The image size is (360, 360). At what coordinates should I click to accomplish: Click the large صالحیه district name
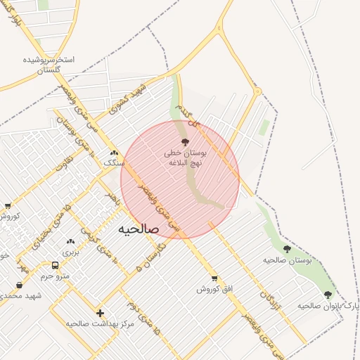[x=139, y=229]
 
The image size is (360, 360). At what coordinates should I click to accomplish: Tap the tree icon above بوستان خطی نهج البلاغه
[x=186, y=143]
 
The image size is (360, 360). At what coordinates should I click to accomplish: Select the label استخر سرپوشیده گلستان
[x=49, y=65]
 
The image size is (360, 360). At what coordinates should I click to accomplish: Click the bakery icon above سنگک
[x=114, y=153]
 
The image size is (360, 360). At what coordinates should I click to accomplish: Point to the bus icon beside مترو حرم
[x=55, y=266]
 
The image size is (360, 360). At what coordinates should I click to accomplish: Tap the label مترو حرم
[x=55, y=276]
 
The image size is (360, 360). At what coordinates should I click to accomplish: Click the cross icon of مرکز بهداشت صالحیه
[x=100, y=313]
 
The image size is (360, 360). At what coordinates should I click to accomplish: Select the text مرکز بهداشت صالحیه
[x=100, y=323]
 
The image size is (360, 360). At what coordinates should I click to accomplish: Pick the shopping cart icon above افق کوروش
[x=214, y=278]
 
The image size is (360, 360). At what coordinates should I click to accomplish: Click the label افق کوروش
[x=214, y=289]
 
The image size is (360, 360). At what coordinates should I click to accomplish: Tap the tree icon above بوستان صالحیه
[x=287, y=249]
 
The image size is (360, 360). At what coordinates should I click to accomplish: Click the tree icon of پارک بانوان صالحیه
[x=328, y=295]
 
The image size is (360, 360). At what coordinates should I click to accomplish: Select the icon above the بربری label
[x=70, y=241]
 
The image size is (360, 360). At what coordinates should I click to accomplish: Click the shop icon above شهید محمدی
[x=19, y=285]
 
